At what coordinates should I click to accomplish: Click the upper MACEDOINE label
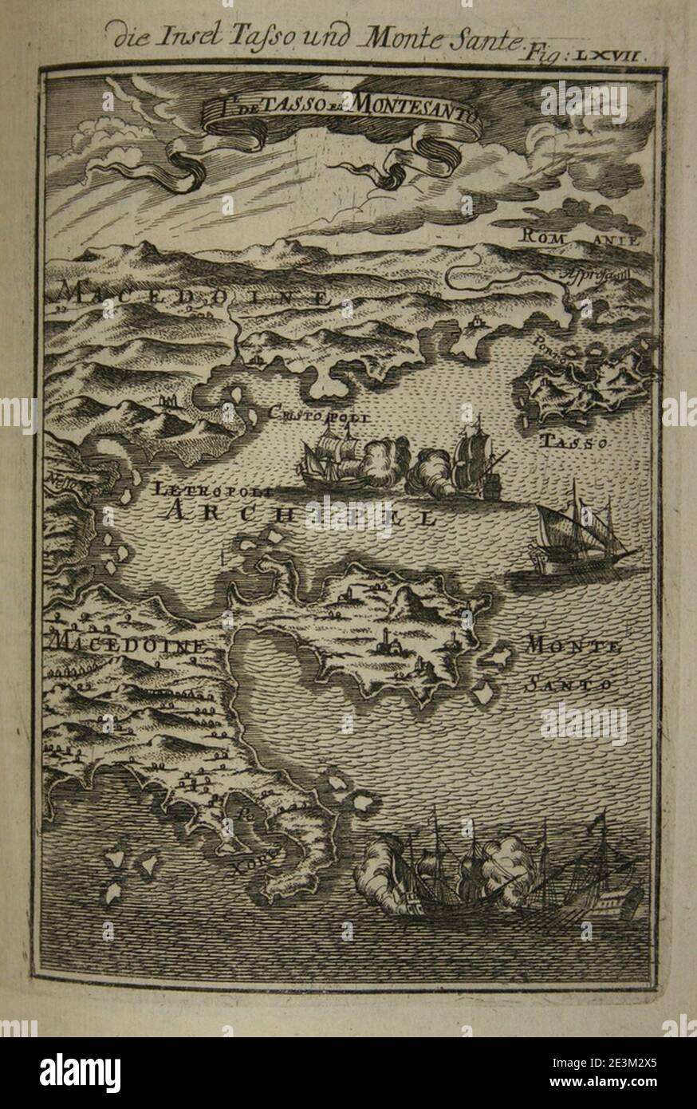coord(191,297)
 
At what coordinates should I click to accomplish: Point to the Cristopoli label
coord(321,413)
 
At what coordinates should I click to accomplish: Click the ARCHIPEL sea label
coord(303,514)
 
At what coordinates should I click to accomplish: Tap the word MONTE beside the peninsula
coord(572,646)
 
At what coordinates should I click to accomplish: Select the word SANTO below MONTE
coord(568,684)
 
